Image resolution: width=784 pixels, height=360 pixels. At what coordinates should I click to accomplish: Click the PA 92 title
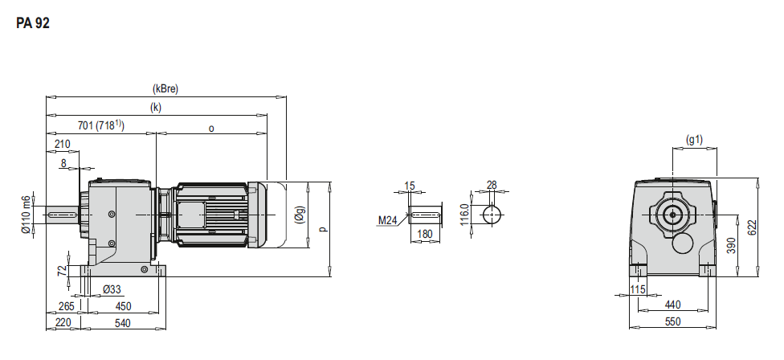(33, 23)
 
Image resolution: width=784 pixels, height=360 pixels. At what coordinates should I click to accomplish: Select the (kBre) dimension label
(165, 89)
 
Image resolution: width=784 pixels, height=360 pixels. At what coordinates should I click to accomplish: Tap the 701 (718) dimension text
(101, 125)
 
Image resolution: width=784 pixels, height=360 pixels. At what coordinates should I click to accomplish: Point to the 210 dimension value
(63, 144)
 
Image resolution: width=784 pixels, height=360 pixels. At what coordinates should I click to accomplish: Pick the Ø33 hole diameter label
(112, 289)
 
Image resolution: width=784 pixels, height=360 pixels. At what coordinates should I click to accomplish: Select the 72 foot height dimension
(62, 271)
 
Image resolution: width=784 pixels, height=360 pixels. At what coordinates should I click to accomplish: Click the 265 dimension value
(66, 306)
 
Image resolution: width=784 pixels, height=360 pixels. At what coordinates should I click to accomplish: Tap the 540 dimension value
(122, 323)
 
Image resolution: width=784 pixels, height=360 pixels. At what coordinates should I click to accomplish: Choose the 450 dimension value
(123, 306)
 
